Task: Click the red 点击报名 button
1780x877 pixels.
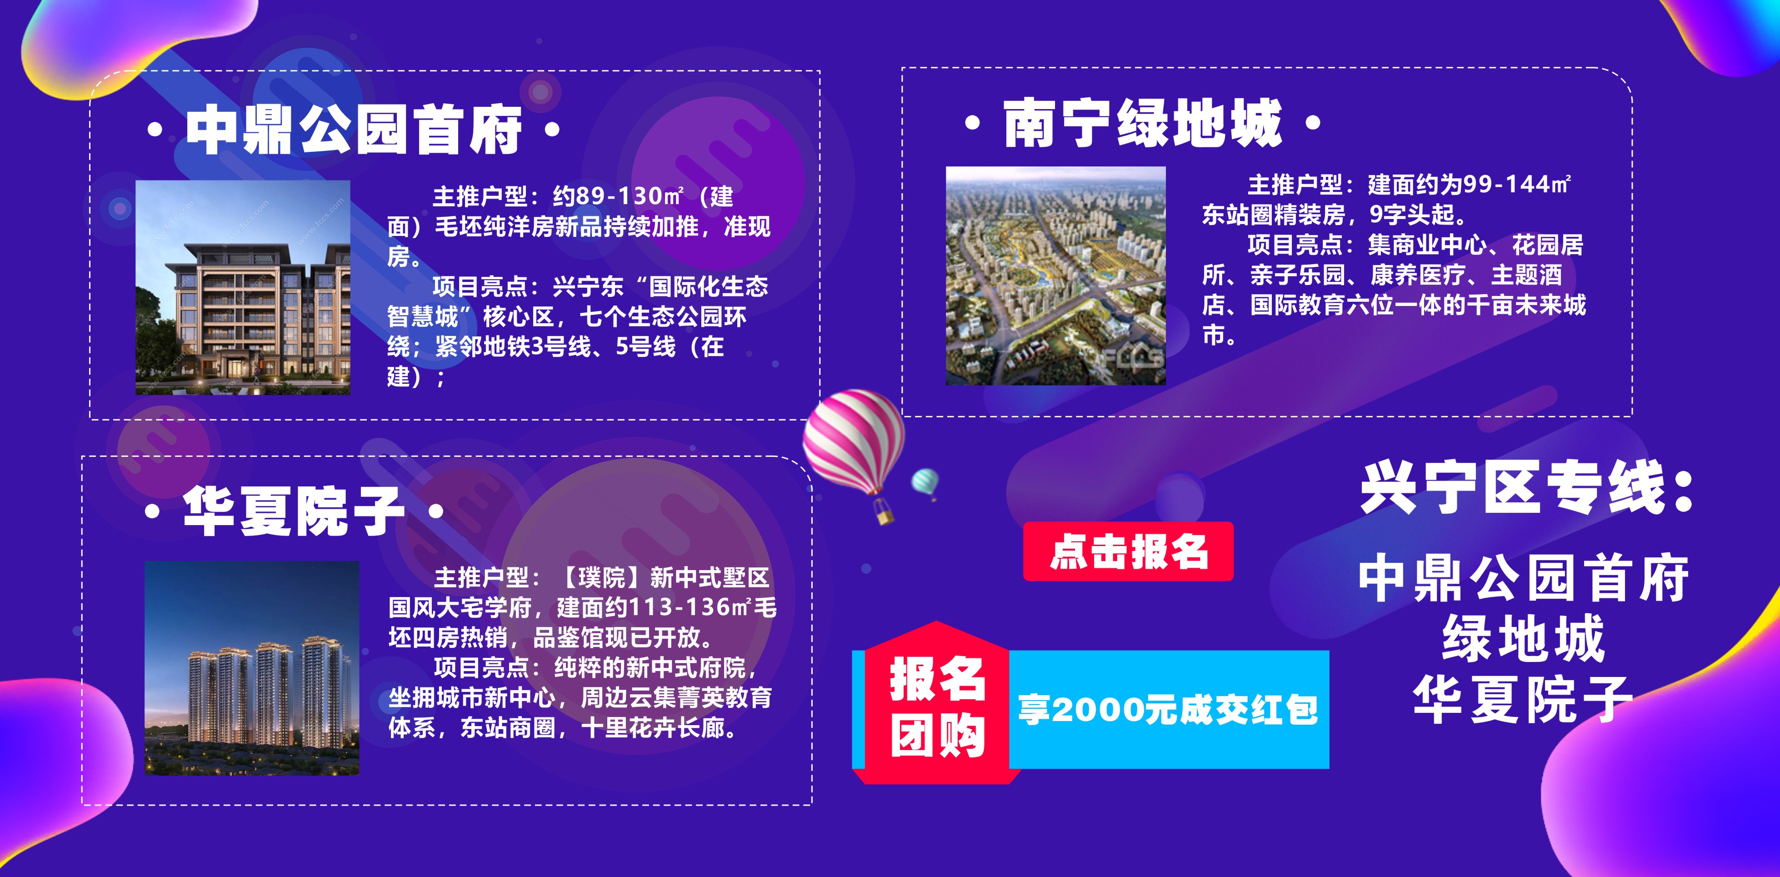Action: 1128,551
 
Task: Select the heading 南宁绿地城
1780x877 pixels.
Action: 1143,123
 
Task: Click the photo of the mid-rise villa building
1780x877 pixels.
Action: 243,287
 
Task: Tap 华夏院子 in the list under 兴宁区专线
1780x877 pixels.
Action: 1524,699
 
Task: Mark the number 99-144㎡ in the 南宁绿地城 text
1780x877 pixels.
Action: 1517,185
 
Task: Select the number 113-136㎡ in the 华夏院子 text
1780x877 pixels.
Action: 691,607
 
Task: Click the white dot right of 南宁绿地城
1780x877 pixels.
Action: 1313,124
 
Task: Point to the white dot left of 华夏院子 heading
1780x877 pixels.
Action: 153,512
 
